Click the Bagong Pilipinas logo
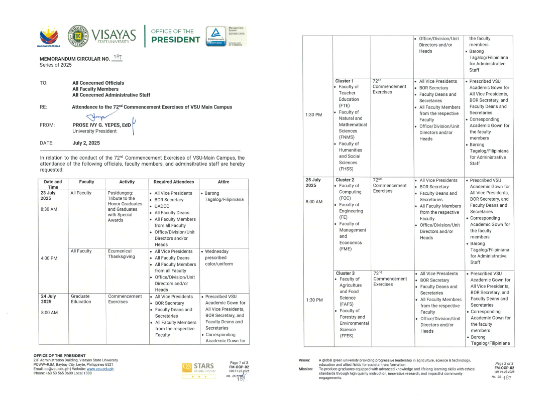coord(48,37)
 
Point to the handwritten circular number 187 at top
coord(118,58)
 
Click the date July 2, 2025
coord(86,143)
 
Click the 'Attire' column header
coord(224,182)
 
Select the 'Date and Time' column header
coord(53,184)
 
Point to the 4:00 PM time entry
coord(49,259)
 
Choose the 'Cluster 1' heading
coord(345,81)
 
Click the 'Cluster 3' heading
coord(346,274)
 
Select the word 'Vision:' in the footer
coord(305,360)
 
